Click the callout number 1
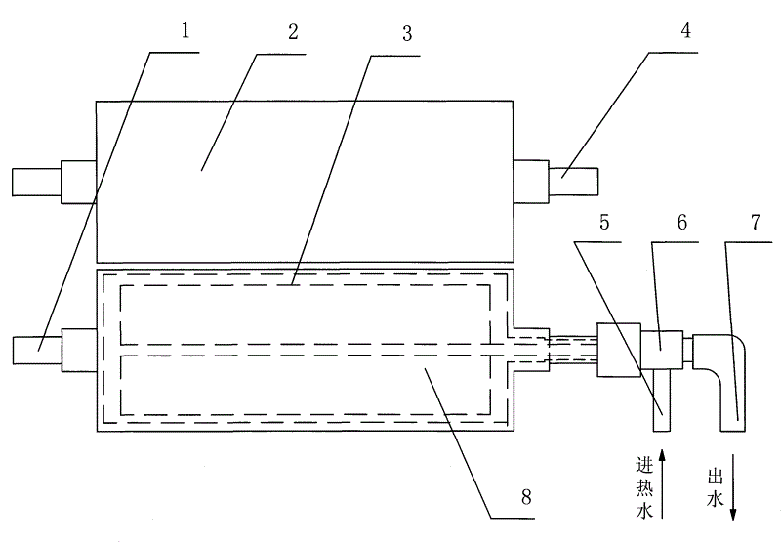[x=185, y=29]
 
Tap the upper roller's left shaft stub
[x=35, y=182]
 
